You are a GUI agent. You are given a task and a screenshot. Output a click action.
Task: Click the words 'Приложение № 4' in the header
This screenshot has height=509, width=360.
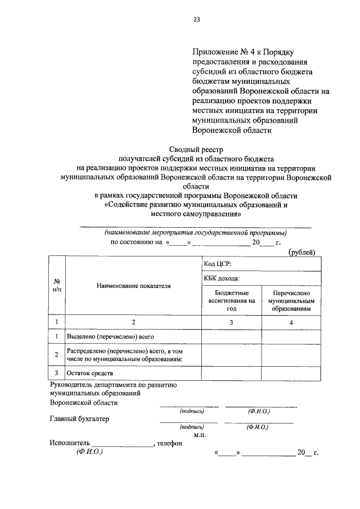point(219,52)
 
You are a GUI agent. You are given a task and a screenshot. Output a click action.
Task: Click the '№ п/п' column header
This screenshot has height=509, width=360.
point(57,285)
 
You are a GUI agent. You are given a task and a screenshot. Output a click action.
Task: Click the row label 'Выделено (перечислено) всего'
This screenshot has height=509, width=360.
point(110,336)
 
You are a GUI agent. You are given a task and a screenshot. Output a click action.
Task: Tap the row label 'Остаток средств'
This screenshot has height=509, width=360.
point(90,373)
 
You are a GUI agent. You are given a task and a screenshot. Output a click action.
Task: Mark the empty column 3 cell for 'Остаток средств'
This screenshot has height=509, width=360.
point(232,373)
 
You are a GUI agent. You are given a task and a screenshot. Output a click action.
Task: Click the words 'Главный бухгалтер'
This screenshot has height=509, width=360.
point(79,418)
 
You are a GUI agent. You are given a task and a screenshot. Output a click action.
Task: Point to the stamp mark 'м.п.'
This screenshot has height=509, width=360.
point(200,435)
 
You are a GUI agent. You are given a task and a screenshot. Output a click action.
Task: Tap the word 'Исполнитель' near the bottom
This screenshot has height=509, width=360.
point(70,443)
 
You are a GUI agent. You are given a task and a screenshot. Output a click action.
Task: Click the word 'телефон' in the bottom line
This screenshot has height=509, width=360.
point(170,443)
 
